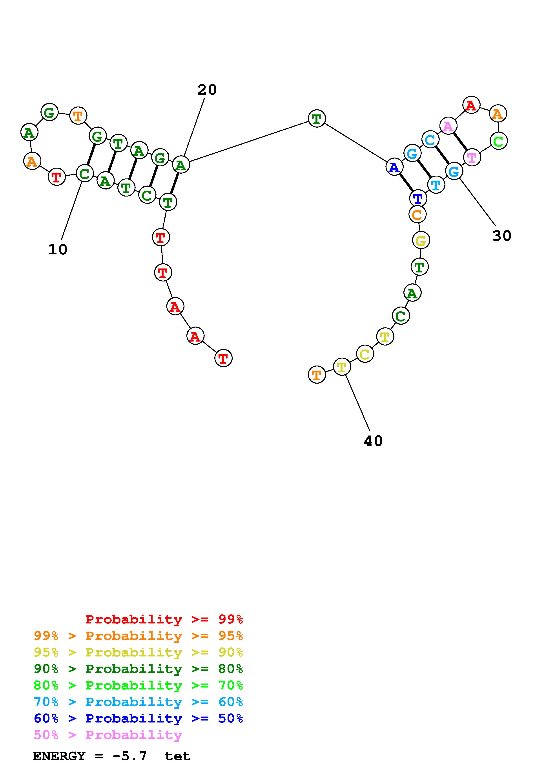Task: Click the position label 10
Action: pos(58,250)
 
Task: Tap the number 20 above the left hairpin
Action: pos(207,90)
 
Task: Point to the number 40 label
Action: pos(373,441)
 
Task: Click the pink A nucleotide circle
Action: pos(448,126)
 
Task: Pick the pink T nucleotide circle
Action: pos(472,157)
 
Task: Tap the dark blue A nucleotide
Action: pos(394,167)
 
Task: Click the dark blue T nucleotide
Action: pos(418,198)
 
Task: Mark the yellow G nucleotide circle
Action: pos(421,240)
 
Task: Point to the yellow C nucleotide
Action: pos(365,354)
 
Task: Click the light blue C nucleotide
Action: pos(430,140)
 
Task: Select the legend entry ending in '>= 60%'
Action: pos(138,702)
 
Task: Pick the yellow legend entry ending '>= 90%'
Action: pos(138,652)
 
